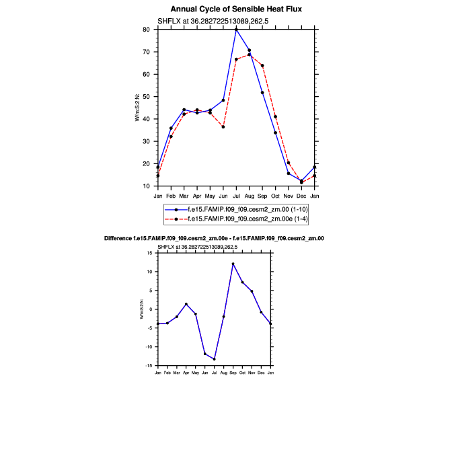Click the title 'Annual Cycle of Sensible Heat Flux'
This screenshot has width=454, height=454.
pos(236,9)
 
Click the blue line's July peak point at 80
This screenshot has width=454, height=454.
pos(236,30)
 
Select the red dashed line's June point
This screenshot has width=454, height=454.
pos(223,126)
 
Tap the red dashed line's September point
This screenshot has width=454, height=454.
pos(262,66)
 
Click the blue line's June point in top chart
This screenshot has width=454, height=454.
pos(223,100)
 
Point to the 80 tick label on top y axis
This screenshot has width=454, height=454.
pos(146,30)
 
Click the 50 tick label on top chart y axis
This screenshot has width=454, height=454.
pos(146,97)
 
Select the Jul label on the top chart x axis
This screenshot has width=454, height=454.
pos(236,196)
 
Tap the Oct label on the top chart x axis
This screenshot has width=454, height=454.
pos(275,196)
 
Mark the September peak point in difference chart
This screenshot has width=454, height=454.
pos(233,264)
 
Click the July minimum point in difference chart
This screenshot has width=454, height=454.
pos(214,359)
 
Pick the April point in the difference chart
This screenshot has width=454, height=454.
pos(186,304)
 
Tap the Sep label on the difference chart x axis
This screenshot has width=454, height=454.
pos(233,372)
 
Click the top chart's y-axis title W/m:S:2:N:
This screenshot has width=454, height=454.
pos(137,108)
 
